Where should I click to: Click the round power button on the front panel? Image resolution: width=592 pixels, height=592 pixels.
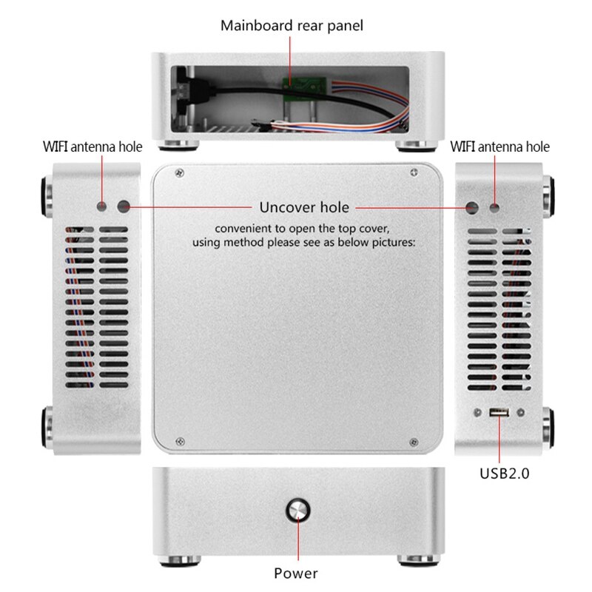click(298, 510)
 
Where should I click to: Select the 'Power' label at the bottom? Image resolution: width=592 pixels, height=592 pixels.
click(296, 573)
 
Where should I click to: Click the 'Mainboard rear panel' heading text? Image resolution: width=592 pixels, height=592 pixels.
click(292, 26)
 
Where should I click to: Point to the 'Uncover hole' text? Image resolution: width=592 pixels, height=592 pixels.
click(304, 207)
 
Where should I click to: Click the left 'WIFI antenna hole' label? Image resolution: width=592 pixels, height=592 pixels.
click(92, 147)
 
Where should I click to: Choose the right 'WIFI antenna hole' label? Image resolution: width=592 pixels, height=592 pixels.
click(500, 147)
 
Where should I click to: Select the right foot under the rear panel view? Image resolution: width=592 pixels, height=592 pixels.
click(414, 144)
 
